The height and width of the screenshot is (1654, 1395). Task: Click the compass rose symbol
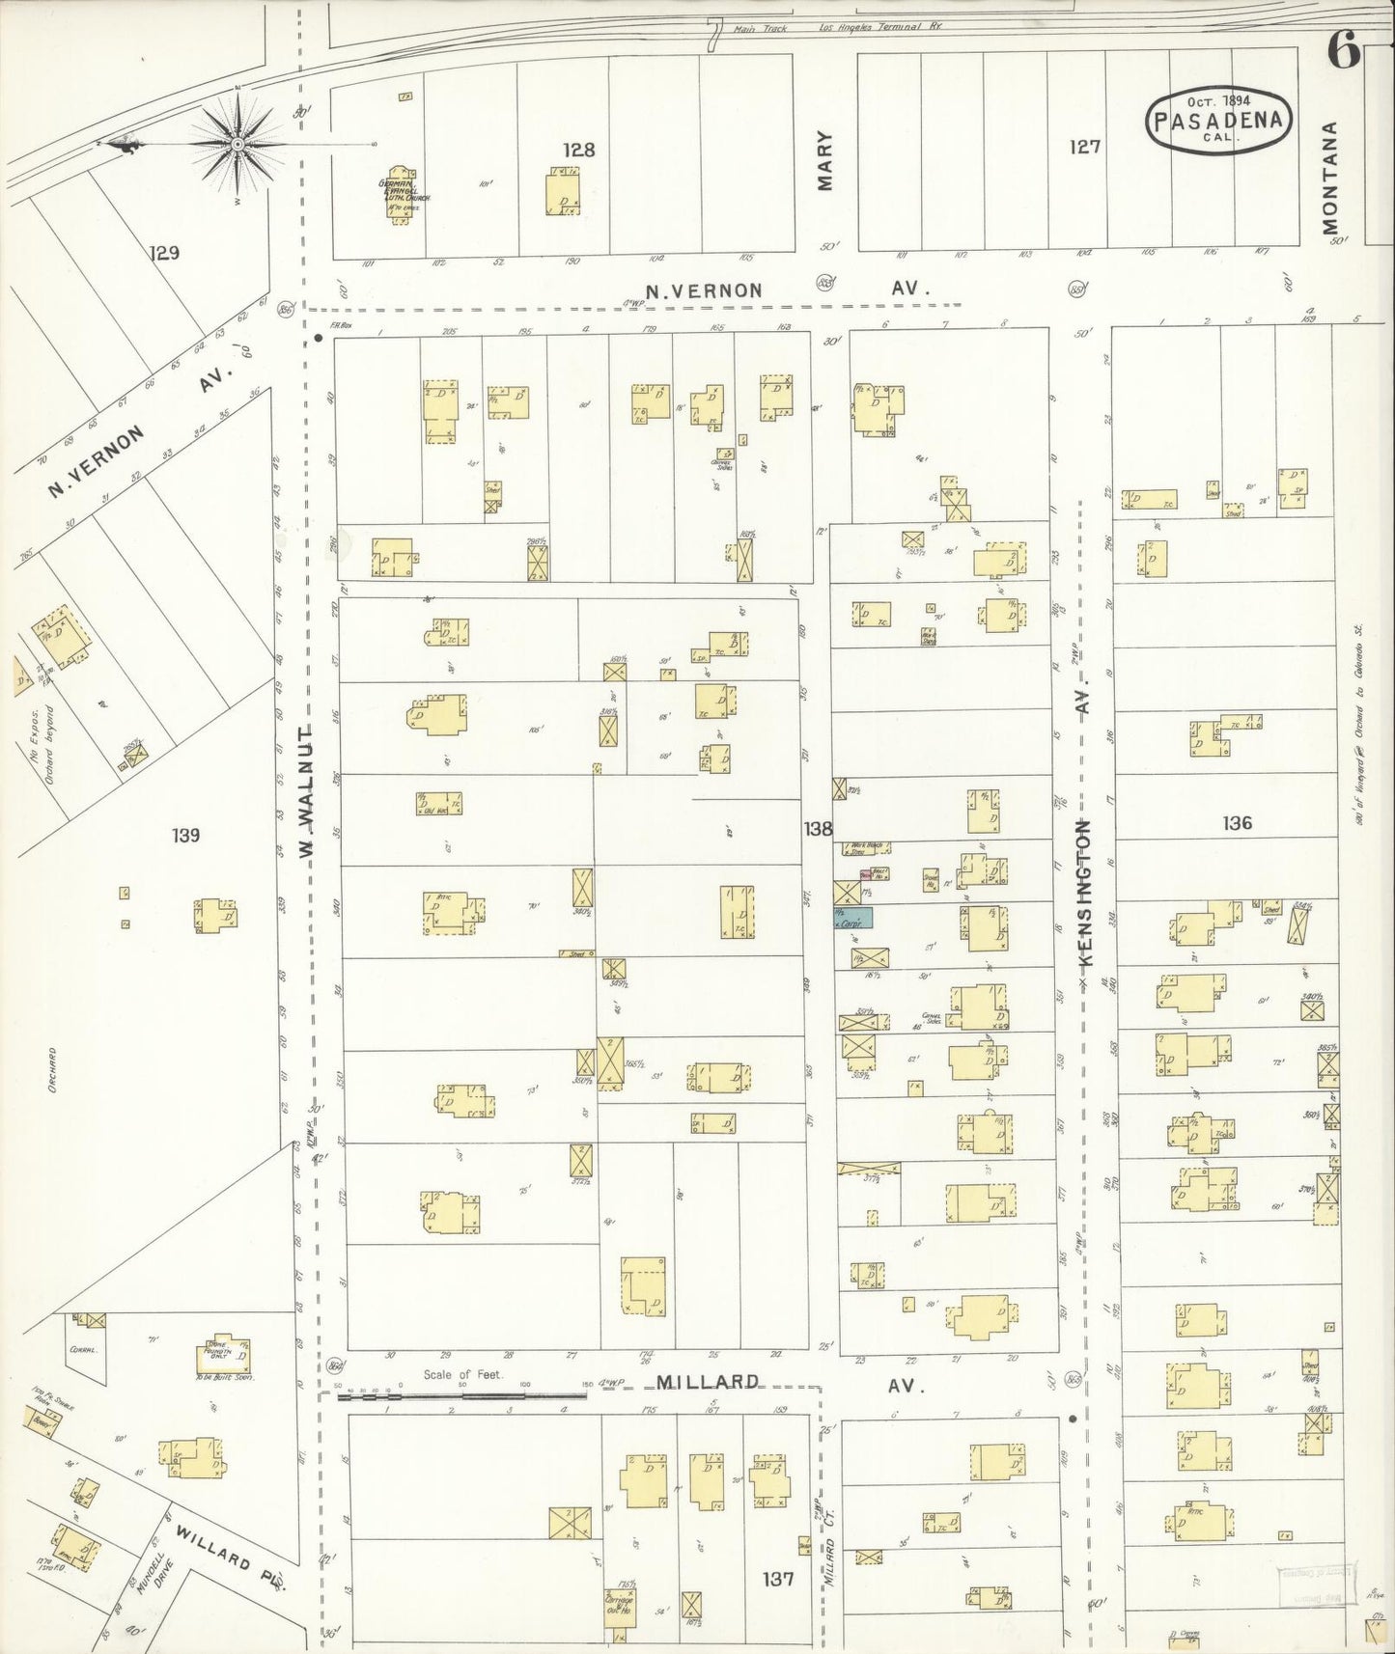237,144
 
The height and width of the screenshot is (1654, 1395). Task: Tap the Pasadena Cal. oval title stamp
1219,121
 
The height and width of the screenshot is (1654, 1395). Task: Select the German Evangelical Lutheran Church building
400,198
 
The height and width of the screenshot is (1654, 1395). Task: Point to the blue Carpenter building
853,919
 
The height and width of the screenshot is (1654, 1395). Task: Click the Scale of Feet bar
463,1395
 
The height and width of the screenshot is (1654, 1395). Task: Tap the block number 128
579,150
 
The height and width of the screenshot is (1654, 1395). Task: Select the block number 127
1084,148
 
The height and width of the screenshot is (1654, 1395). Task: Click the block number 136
1237,823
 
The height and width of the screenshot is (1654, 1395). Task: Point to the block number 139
185,835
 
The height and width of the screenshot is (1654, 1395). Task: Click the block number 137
777,1580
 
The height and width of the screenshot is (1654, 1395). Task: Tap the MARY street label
825,161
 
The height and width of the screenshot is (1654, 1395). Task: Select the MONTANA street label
1332,179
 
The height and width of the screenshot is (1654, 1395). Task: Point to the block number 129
165,254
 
